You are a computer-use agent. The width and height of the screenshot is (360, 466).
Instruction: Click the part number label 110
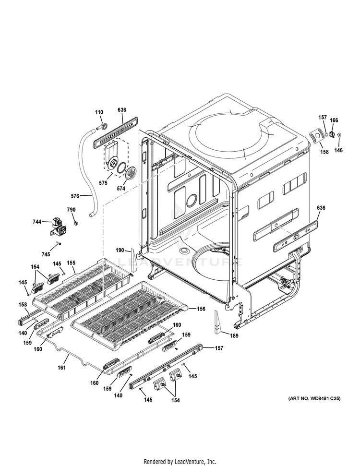[99, 112]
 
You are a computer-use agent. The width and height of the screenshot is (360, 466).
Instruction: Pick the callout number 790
[71, 210]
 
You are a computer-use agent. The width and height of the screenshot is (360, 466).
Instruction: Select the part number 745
[46, 254]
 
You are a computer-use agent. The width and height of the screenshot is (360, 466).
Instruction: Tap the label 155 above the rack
[71, 263]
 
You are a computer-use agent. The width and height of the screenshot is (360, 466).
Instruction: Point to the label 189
[233, 336]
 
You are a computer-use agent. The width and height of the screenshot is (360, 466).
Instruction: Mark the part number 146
[339, 150]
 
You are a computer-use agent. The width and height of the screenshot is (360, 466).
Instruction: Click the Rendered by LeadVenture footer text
[180, 462]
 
